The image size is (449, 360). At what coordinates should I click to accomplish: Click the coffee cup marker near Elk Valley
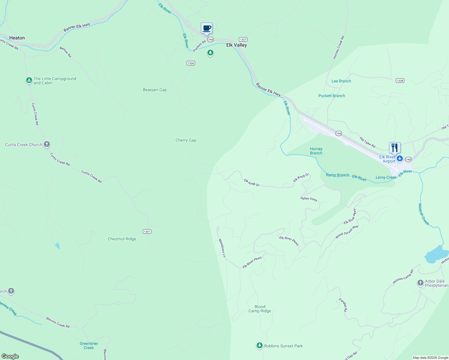tap(206, 28)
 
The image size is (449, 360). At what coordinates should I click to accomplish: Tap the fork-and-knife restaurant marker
tap(395, 148)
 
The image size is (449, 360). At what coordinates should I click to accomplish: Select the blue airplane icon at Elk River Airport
tap(399, 158)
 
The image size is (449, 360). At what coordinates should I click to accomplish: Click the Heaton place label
tap(17, 38)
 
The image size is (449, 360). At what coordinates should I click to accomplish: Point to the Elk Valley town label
tap(237, 45)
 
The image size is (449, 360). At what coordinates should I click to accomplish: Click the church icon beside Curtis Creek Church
tap(47, 144)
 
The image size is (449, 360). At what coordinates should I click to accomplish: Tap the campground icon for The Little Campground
tap(29, 80)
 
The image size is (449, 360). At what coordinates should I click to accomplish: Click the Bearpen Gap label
tap(155, 90)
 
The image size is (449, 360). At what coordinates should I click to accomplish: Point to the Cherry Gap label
tap(186, 140)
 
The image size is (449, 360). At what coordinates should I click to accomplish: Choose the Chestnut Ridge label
tap(122, 239)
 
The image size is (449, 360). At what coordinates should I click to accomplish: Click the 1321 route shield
tap(147, 231)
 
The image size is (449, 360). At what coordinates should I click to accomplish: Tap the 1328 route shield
tap(400, 80)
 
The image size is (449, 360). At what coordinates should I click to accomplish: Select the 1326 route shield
tap(191, 63)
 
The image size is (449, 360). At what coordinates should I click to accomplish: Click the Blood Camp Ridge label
tap(260, 309)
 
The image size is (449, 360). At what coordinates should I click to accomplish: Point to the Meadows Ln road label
tap(222, 248)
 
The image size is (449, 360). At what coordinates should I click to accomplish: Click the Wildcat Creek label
tap(423, 214)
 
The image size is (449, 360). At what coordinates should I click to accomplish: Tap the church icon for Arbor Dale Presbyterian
tap(420, 283)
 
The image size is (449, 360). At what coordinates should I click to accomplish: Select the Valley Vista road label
tap(309, 199)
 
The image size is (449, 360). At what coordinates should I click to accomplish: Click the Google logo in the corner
tap(10, 356)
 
